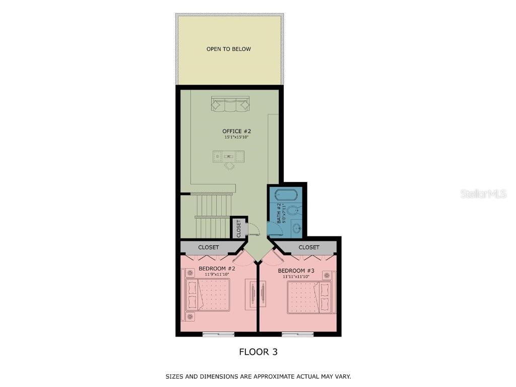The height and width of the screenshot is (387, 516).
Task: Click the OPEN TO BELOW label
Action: (x=228, y=49)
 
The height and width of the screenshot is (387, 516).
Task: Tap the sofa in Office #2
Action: (x=230, y=104)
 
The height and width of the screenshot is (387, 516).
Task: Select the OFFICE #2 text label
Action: (x=236, y=132)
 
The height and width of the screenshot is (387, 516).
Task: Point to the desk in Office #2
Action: (x=229, y=156)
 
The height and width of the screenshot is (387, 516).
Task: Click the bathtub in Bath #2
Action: (x=286, y=195)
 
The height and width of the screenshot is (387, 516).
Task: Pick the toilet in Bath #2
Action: (x=294, y=211)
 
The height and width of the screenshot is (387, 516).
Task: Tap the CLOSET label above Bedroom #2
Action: (x=209, y=247)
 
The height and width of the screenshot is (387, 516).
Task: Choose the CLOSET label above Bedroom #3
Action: (x=309, y=247)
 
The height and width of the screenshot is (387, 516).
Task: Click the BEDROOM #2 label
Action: (x=217, y=269)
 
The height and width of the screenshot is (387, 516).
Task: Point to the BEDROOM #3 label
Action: (x=296, y=271)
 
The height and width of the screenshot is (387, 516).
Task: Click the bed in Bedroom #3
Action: (x=311, y=297)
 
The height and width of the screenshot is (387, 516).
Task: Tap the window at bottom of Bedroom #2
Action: (x=218, y=334)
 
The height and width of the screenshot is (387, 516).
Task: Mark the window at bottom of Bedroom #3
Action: (x=297, y=334)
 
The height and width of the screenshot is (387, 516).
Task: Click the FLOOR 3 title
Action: (x=258, y=352)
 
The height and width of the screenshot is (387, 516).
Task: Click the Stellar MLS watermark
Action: (x=483, y=194)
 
